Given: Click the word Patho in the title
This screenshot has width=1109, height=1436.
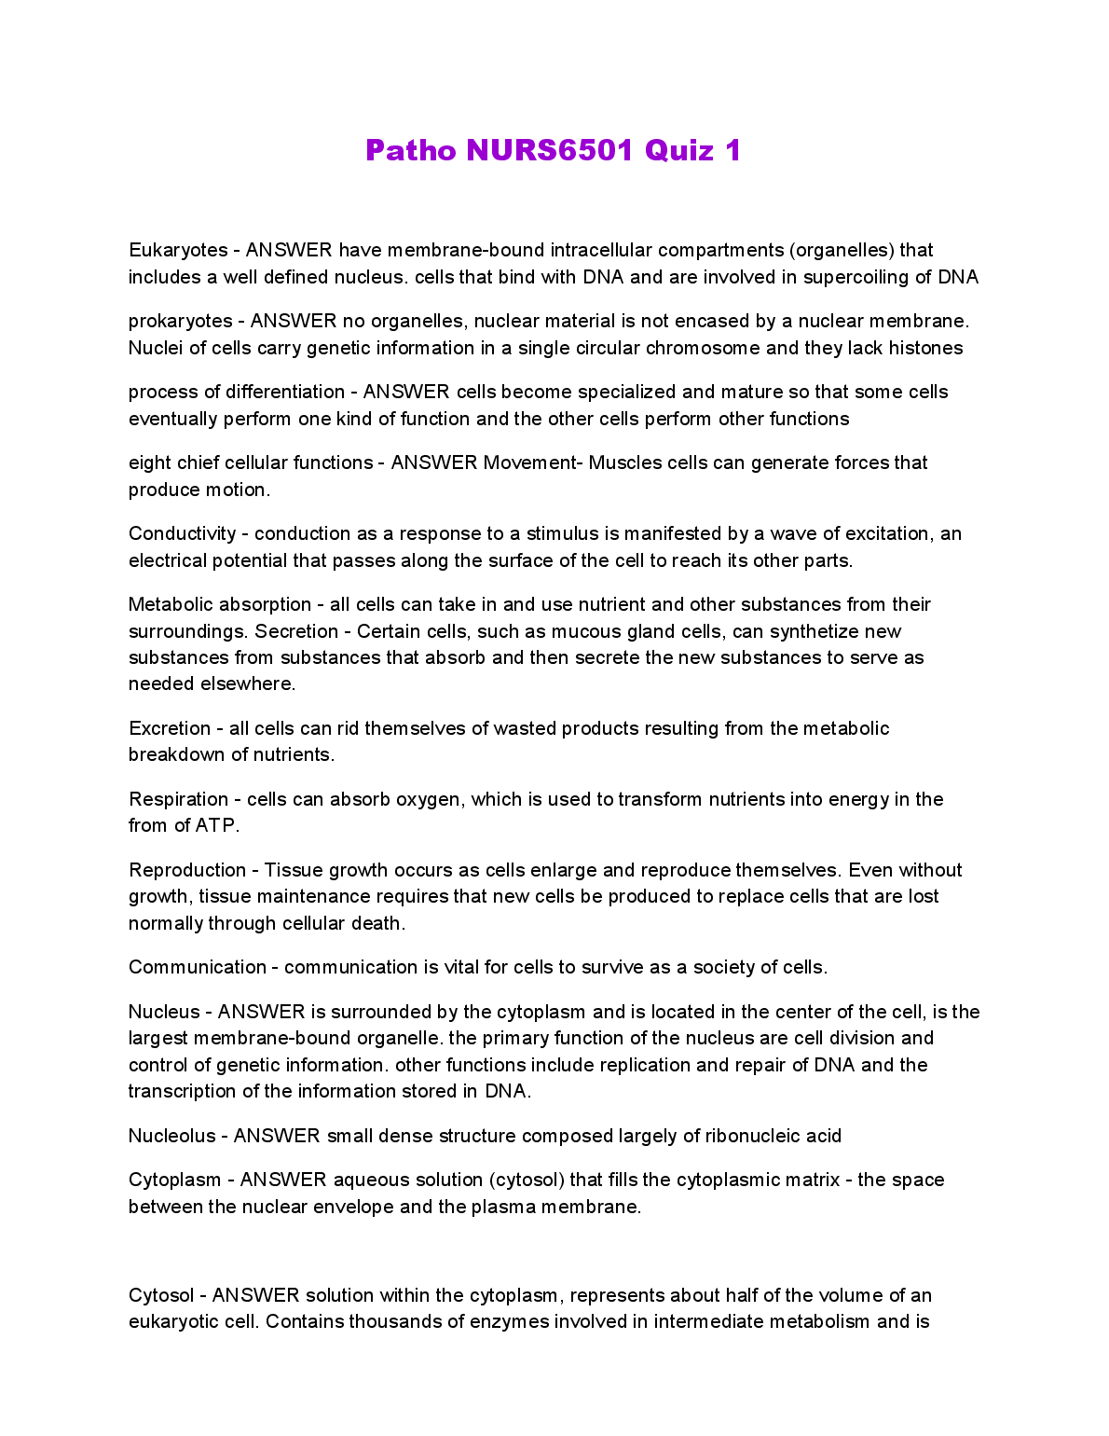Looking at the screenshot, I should (411, 150).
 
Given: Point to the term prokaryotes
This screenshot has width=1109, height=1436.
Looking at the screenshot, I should (180, 322).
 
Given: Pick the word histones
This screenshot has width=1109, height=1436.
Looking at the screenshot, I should (925, 348).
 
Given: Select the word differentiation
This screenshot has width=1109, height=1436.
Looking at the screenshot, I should (285, 392).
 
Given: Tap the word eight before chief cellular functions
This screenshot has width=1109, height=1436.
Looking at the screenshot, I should (150, 463).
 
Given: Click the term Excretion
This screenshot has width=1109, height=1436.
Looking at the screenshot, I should (170, 728).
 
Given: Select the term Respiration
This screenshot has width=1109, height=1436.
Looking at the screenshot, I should (178, 799).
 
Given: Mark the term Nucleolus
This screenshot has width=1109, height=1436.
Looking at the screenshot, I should (171, 1136).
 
